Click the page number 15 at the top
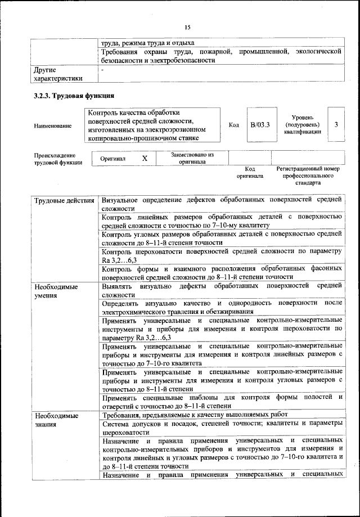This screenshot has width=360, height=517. pos(187,26)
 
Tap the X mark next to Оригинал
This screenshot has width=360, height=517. pos(145,159)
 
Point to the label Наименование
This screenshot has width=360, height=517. pos(53,125)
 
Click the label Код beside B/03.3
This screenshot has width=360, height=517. pos(235,125)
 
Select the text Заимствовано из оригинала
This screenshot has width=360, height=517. pos(192,158)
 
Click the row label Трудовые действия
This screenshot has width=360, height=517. pos(64,201)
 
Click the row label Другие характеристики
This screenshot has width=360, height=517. pos(58,74)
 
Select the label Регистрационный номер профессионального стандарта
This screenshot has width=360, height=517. pos(308,176)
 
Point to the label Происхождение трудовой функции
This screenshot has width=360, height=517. pos(55,159)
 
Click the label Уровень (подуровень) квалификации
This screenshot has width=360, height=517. pos(302,124)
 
